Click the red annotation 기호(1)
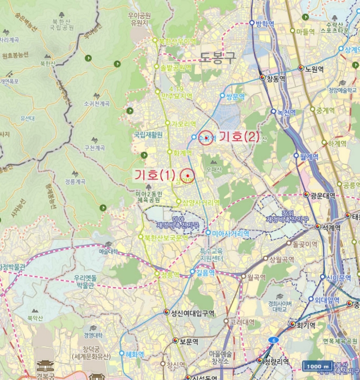155,175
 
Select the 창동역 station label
276,79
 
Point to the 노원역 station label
314,69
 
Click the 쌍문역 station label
235,96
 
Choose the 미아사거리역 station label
230,233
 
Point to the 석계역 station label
330,227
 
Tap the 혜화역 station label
134,354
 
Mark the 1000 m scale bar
318,366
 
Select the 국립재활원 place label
148,135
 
